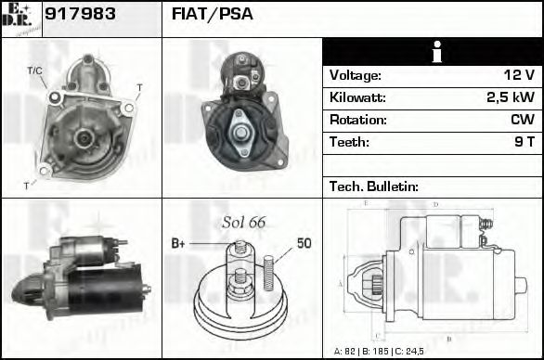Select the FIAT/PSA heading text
[x=213, y=16]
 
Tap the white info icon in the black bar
[x=433, y=52]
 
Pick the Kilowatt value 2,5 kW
[x=510, y=97]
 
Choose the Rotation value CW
[x=522, y=120]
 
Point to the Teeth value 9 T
[x=525, y=142]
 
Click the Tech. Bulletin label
[x=374, y=186]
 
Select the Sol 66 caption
[x=243, y=223]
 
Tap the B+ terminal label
[x=178, y=244]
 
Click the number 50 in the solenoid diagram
[x=304, y=243]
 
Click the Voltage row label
[x=355, y=75]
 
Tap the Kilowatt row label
[x=357, y=97]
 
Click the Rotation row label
[x=356, y=120]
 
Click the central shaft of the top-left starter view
[x=81, y=137]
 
